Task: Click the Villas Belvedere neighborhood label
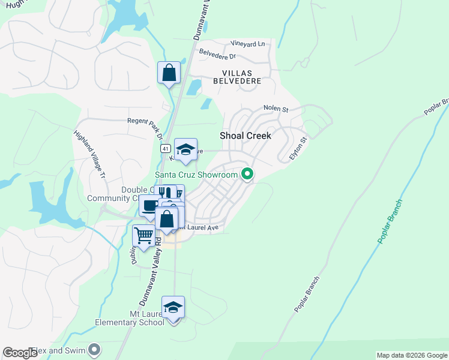tap(238, 76)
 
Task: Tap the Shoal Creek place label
tap(246, 136)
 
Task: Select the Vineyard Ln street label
tap(248, 44)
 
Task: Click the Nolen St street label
tap(276, 109)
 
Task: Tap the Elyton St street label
tap(298, 148)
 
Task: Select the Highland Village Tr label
tap(89, 156)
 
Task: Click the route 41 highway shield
tap(164, 148)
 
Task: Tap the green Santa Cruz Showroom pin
tap(246, 175)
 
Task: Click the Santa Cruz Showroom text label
tap(197, 175)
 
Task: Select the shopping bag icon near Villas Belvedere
tap(169, 73)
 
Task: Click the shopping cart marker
tap(143, 236)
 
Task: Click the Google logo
tap(20, 353)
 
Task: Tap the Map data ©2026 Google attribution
tap(411, 355)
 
